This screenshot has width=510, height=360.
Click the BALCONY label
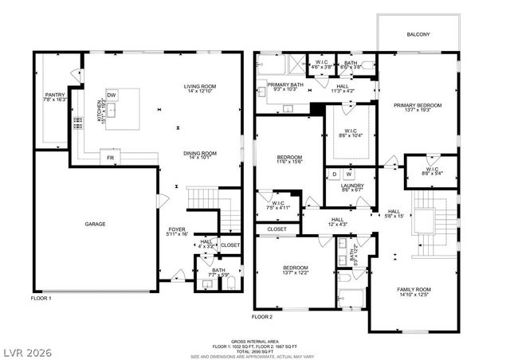(x=418, y=34)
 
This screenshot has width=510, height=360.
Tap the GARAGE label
(x=96, y=224)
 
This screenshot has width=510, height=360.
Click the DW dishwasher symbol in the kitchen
(x=112, y=95)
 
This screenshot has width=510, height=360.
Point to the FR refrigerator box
(x=110, y=158)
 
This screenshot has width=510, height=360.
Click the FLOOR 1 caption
(x=41, y=298)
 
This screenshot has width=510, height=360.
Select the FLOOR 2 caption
(x=262, y=316)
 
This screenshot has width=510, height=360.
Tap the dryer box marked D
(x=335, y=174)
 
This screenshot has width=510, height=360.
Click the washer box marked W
(x=348, y=174)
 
